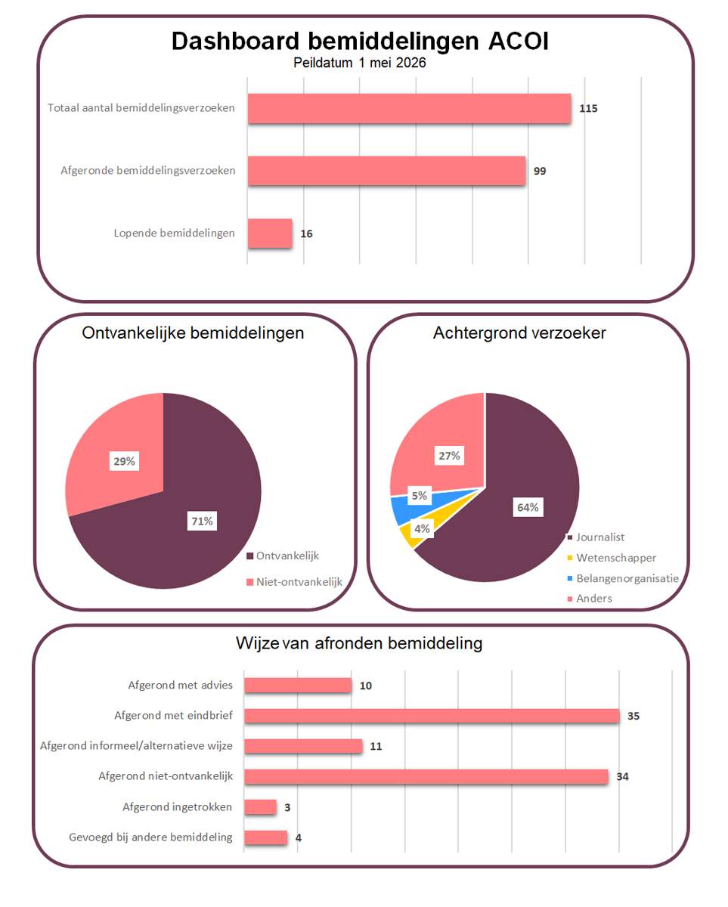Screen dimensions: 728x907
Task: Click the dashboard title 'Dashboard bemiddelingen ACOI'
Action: click(360, 42)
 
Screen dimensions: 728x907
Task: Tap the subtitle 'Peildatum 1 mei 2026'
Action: click(360, 63)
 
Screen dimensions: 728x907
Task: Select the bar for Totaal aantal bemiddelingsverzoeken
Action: click(409, 108)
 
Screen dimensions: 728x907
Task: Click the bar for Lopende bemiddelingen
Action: click(269, 233)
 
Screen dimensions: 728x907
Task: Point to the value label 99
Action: click(540, 171)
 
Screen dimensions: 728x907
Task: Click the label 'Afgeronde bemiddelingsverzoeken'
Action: click(148, 170)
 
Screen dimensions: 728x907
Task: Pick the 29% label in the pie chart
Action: click(124, 461)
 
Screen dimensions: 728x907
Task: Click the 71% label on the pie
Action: click(202, 521)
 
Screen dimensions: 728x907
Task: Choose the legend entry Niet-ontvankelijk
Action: click(294, 582)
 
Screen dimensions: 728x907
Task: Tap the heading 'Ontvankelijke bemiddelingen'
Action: click(193, 333)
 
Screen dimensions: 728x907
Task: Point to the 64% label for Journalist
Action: click(528, 507)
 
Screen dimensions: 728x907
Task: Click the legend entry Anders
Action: click(590, 598)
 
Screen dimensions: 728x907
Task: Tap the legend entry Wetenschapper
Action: click(612, 558)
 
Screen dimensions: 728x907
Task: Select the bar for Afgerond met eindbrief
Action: click(432, 716)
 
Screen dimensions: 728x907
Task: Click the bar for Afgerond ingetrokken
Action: click(260, 807)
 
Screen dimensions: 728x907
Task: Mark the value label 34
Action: click(622, 776)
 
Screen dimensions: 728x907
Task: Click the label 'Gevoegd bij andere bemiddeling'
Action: click(150, 837)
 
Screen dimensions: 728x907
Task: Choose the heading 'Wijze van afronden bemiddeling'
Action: click(359, 643)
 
